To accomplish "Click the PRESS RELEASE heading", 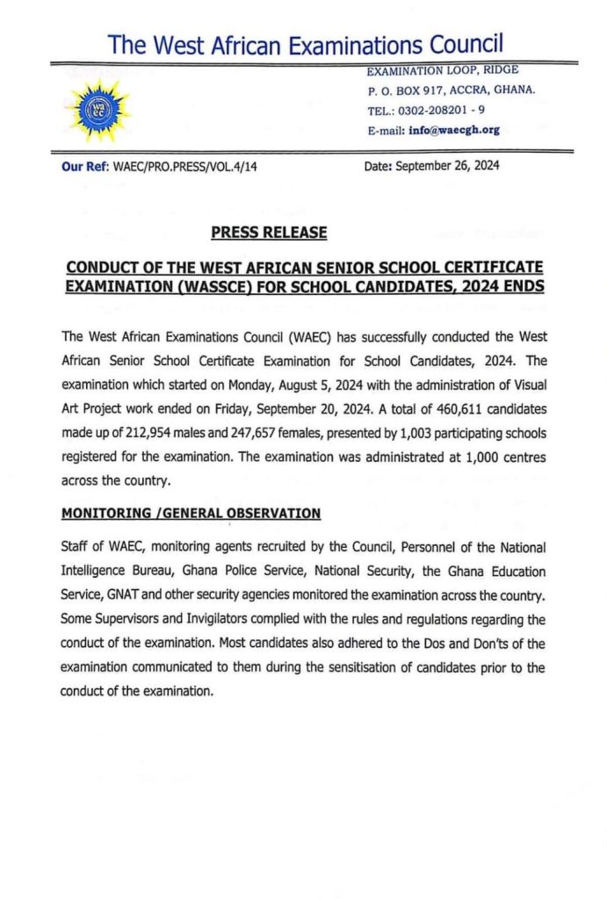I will pyautogui.click(x=269, y=233).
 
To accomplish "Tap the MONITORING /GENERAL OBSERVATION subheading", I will pyautogui.click(x=191, y=513).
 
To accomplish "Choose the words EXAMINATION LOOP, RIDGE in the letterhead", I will pyautogui.click(x=443, y=69).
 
